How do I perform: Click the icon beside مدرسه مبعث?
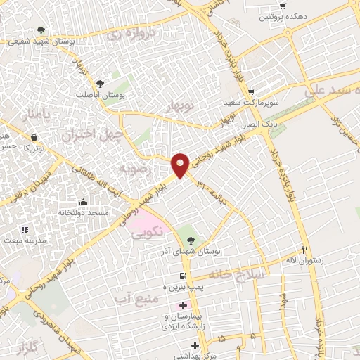(24, 229)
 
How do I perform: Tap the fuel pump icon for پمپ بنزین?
(183, 275)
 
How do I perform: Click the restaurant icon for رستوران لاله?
(305, 249)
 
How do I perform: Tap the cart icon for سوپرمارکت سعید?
(250, 91)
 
